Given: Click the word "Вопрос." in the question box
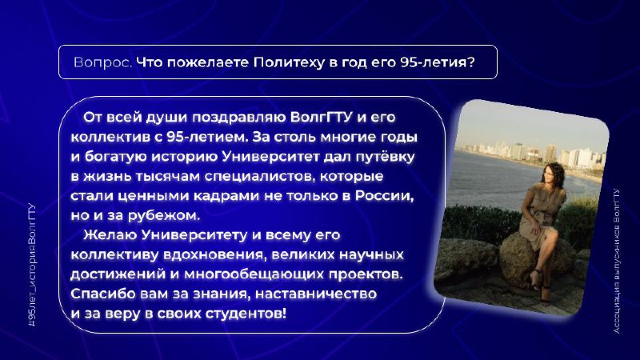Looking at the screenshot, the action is [103, 62].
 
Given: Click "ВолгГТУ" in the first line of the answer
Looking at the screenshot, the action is [322, 117].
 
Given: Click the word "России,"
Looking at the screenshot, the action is [385, 196].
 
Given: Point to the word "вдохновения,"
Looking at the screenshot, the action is [215, 255].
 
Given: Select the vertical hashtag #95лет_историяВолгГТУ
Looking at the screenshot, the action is [32, 266].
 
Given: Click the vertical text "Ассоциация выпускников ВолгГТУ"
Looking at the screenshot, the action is [616, 261].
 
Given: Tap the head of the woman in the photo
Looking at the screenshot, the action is [553, 174].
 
